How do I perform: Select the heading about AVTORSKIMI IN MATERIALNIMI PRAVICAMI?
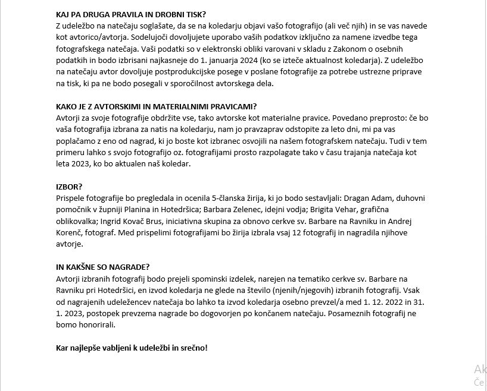tap(156, 108)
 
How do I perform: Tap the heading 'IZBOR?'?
tap(69, 187)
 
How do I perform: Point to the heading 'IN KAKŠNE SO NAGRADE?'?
tap(102, 267)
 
